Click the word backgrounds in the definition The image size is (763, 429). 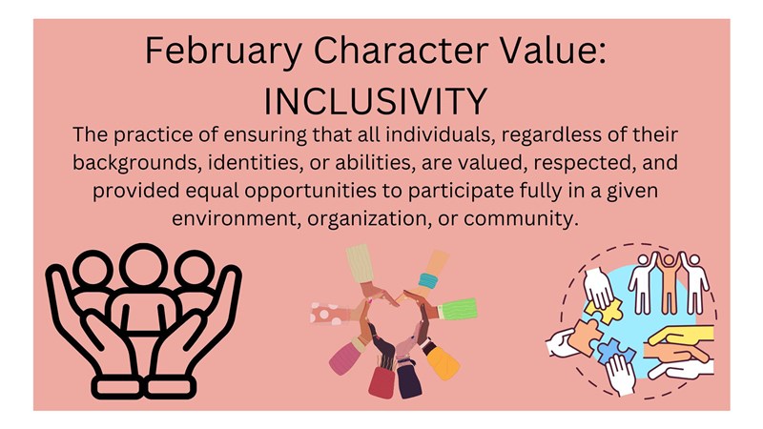point(129,159)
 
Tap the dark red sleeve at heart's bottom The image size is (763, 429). point(381,380)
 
